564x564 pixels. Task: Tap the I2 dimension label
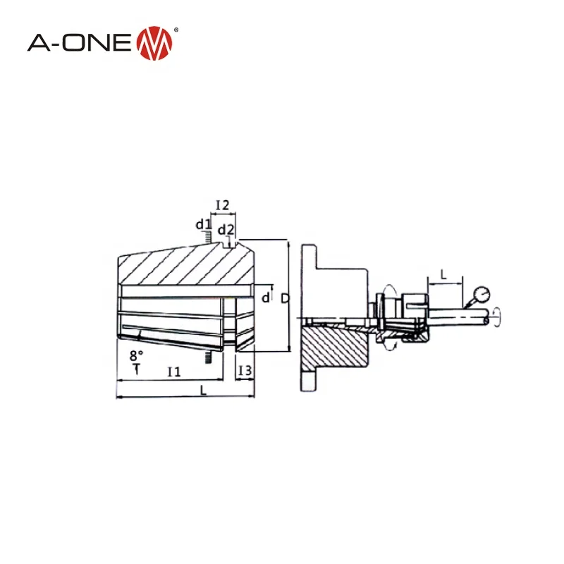click(222, 205)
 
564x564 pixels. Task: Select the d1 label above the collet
click(203, 225)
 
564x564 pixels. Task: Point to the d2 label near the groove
click(226, 230)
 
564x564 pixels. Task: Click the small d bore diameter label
click(265, 298)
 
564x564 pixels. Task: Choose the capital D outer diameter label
click(284, 298)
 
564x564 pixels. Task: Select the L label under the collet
click(204, 391)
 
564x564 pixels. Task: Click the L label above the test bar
click(443, 273)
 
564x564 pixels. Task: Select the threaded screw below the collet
click(209, 358)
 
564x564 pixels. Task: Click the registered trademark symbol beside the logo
click(176, 30)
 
